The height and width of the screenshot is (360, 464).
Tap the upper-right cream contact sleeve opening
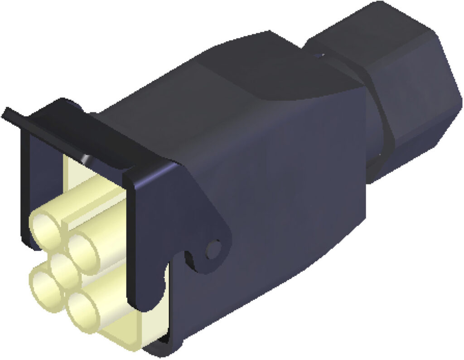pos(83,248)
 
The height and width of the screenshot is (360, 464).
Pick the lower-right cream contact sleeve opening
pos(82,310)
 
